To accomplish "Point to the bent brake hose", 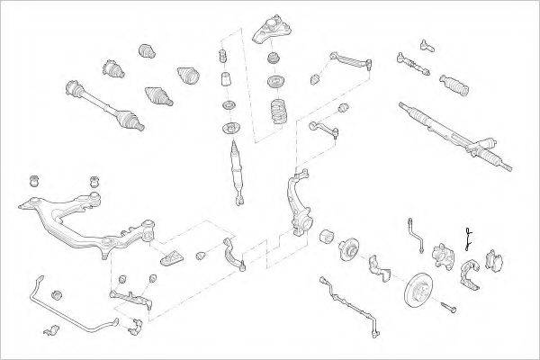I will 417,232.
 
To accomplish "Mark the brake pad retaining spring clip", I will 469,238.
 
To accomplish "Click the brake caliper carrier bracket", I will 469,274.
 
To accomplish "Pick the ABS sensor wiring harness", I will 346,296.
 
